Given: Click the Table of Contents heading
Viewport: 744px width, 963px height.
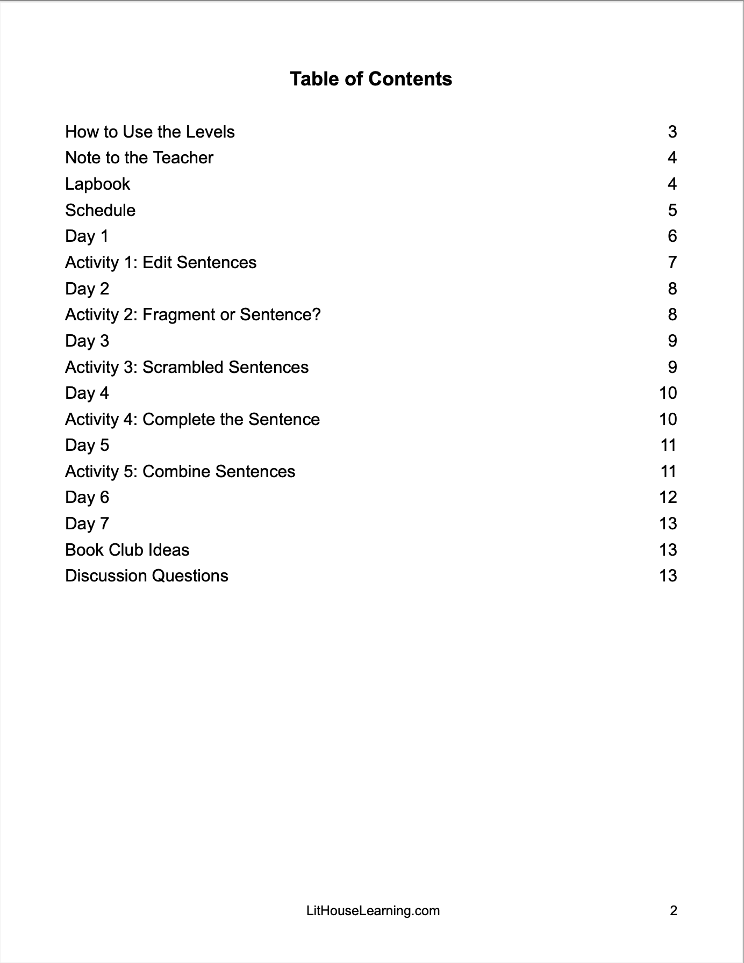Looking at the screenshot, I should [371, 79].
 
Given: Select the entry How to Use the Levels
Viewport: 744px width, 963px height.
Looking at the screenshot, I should [150, 132].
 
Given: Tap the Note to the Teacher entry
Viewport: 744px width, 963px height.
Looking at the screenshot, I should [139, 158].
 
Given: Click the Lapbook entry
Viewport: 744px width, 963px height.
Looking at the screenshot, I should [97, 184].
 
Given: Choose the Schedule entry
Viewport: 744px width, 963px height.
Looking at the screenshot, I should [100, 210].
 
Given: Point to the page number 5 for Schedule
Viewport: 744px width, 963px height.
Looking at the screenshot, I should [672, 210].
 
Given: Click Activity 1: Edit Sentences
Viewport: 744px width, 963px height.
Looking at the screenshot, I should [161, 263].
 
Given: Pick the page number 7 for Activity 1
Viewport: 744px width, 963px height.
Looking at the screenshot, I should [672, 263].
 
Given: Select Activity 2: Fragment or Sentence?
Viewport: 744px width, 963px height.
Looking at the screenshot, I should [192, 315].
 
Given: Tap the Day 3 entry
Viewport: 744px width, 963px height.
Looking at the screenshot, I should [87, 341].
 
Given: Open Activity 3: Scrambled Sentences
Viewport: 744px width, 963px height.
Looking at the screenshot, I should [187, 368].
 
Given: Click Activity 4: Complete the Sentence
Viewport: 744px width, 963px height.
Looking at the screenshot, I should [192, 420].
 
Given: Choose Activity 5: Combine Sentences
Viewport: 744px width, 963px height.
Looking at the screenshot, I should [180, 472].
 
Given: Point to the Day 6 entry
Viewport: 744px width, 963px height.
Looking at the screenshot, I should [87, 498].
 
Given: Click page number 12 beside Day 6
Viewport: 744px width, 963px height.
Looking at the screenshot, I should [668, 498].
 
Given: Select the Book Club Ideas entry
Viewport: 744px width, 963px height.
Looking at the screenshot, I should [127, 550].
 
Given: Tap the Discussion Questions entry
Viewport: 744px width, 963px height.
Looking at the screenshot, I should [147, 576].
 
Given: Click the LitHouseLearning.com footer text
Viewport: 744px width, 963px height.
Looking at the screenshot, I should [373, 911].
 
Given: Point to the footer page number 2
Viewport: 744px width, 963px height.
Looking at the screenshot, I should [673, 911].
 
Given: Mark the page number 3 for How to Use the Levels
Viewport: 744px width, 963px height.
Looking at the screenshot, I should [672, 132].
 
